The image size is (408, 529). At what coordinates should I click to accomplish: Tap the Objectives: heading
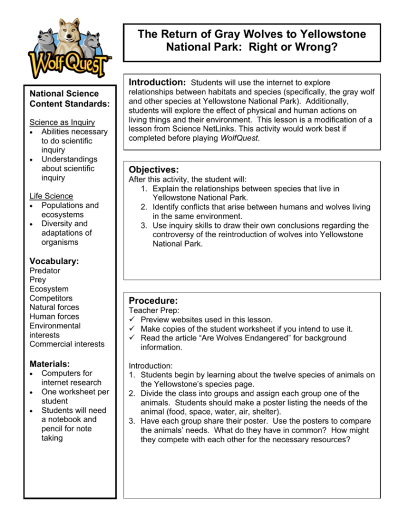tap(154, 170)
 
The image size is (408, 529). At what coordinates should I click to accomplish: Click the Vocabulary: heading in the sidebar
tap(54, 261)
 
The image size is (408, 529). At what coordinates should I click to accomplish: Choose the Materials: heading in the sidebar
tap(50, 363)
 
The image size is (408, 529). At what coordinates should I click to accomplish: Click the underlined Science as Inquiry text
tap(62, 122)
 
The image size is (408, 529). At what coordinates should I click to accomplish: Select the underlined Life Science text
tap(51, 196)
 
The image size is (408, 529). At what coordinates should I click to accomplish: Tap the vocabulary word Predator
tap(45, 270)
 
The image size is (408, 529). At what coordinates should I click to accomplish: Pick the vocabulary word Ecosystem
tap(49, 289)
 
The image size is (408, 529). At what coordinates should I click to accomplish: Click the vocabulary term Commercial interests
tap(66, 344)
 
